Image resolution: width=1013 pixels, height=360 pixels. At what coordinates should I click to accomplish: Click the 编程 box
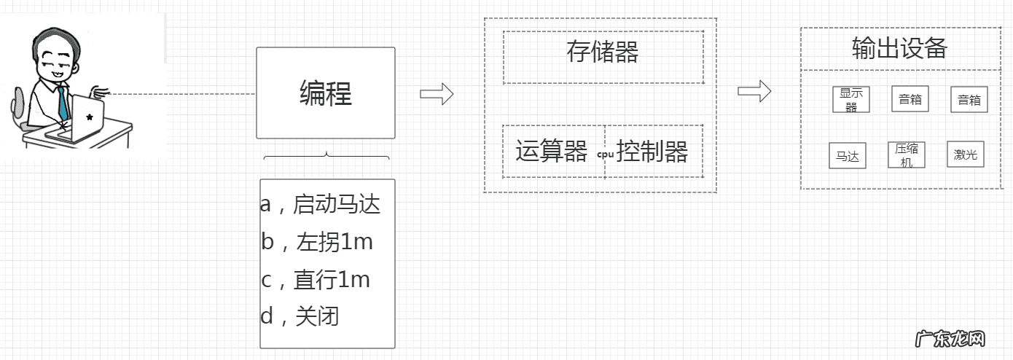[x=325, y=93]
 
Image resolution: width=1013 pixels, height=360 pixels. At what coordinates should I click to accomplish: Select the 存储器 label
[x=602, y=52]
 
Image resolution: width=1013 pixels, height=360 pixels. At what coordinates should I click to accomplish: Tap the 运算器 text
[x=551, y=152]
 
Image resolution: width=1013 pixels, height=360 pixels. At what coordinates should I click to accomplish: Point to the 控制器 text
[x=652, y=152]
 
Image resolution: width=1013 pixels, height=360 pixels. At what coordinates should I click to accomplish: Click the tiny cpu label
[x=605, y=154]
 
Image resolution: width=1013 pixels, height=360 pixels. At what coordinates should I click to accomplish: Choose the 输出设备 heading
[x=899, y=48]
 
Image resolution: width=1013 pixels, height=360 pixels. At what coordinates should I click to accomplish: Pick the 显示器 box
[x=850, y=99]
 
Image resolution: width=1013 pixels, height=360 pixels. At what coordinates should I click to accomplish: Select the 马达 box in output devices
[x=847, y=156]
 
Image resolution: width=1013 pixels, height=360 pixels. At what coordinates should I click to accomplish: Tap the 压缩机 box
[x=906, y=154]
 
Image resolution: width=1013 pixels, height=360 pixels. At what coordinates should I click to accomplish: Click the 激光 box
[x=965, y=154]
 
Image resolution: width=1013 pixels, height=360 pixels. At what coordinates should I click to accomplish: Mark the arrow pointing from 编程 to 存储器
[x=437, y=94]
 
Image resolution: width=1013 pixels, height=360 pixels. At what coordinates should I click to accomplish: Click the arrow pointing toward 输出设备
[x=754, y=91]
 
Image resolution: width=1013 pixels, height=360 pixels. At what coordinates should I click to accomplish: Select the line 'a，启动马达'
[x=321, y=205]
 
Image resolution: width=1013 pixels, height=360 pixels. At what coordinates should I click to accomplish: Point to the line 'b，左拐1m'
[x=317, y=242]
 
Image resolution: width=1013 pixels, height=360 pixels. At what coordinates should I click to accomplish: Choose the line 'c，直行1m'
[x=316, y=279]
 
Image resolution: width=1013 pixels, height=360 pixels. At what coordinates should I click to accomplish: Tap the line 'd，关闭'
[x=300, y=316]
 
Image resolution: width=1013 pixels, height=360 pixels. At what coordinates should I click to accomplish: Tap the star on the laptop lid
[x=89, y=117]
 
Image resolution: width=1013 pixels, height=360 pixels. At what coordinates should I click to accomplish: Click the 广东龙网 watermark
[x=950, y=339]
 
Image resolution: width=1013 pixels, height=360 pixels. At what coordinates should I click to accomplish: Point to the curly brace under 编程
[x=326, y=156]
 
